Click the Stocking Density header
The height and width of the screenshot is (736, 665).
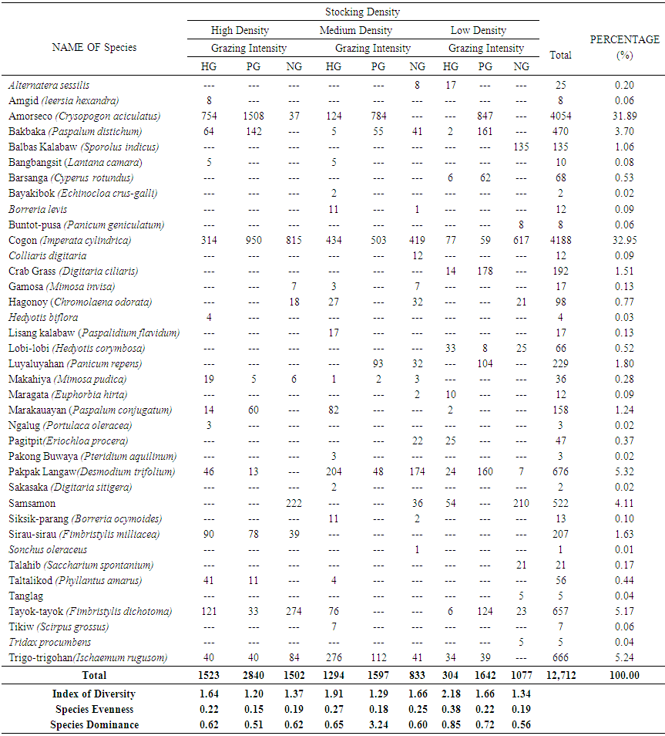[x=362, y=12]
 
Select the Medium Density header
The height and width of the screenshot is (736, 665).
[x=355, y=31]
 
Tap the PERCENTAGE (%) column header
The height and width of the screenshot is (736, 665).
[x=624, y=47]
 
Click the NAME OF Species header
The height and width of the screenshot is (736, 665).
[x=94, y=47]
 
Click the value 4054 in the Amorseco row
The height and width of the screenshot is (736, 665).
[x=561, y=116]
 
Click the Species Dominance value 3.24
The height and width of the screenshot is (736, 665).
[x=378, y=724]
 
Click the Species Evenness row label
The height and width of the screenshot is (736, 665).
[x=94, y=709]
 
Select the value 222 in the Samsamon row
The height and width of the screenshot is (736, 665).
[x=293, y=503]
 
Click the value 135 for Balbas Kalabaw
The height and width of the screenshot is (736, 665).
[x=522, y=147]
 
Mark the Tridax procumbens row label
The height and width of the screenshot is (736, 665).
[x=49, y=642]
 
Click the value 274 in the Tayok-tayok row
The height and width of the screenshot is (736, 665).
[x=293, y=611]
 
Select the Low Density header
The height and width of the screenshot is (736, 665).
[x=478, y=31]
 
